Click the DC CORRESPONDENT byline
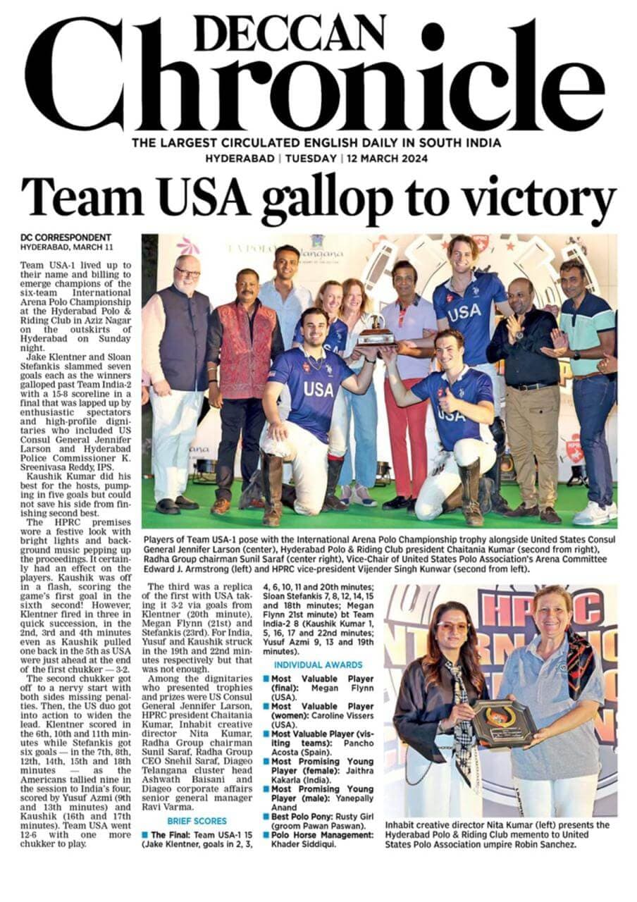(x=65, y=237)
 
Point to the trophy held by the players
(x=376, y=330)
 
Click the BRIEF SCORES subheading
(x=197, y=822)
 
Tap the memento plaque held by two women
(x=503, y=722)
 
